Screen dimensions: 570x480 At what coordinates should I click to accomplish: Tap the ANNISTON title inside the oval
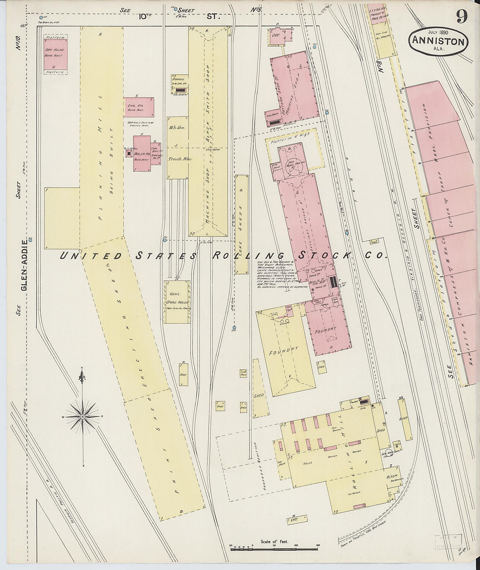pos(438,42)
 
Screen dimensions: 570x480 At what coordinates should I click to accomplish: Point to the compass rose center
pos(82,417)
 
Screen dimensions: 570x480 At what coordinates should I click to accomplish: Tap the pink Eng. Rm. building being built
pos(139,107)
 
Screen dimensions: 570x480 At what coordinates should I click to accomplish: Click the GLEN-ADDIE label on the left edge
pos(31,264)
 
